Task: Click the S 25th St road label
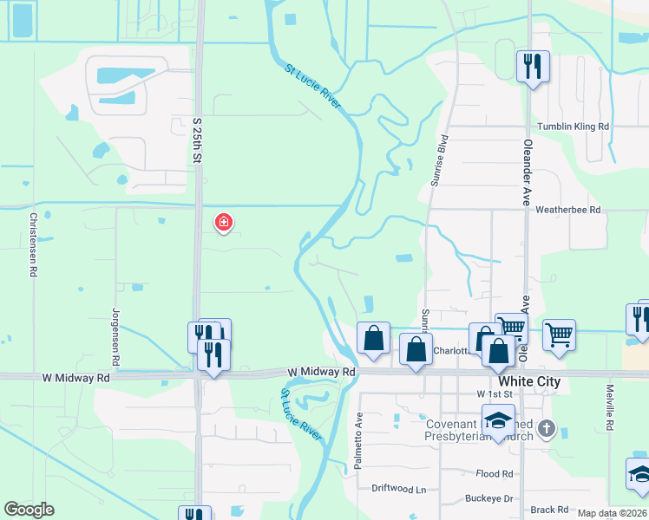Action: pyautogui.click(x=197, y=141)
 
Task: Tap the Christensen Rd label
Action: pyautogui.click(x=34, y=244)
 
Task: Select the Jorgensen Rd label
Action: pyautogui.click(x=115, y=335)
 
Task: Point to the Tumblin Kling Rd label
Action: pyautogui.click(x=573, y=127)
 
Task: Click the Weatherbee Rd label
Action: pyautogui.click(x=567, y=210)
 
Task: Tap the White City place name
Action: pyautogui.click(x=529, y=381)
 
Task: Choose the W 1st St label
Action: pyautogui.click(x=495, y=393)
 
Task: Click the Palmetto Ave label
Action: pyautogui.click(x=358, y=440)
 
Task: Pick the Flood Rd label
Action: pyautogui.click(x=495, y=473)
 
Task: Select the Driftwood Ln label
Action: pyautogui.click(x=399, y=490)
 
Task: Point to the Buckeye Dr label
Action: pyautogui.click(x=490, y=498)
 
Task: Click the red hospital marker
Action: pyautogui.click(x=224, y=223)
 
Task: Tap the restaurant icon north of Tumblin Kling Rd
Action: pyautogui.click(x=531, y=66)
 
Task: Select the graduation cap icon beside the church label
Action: pyautogui.click(x=498, y=420)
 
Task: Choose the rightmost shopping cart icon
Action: pyautogui.click(x=560, y=335)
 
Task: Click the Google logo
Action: pyautogui.click(x=29, y=510)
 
